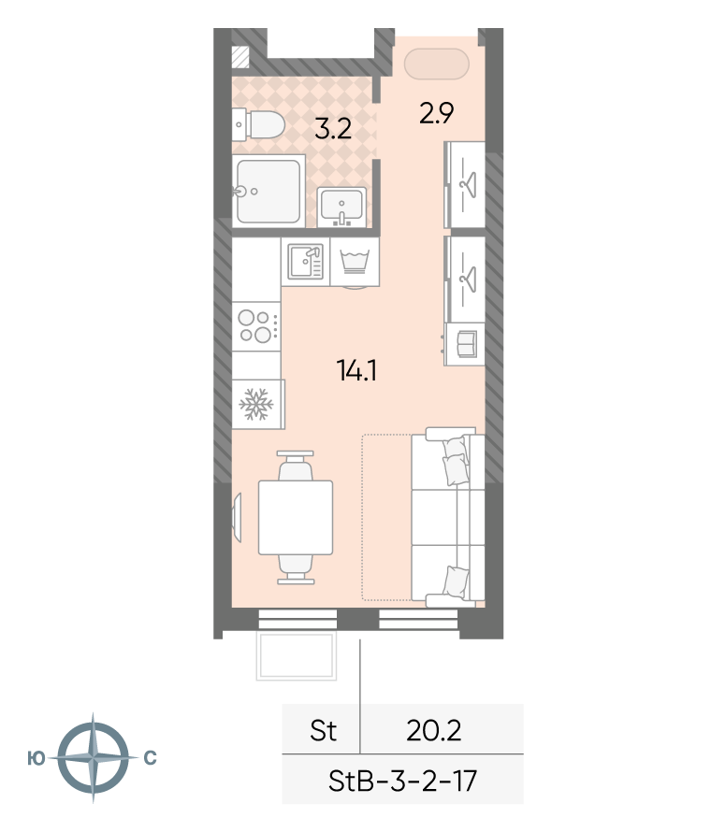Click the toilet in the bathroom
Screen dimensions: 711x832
[x=258, y=125]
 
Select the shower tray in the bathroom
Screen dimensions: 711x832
[x=268, y=191]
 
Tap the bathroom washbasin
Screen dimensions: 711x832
[x=341, y=207]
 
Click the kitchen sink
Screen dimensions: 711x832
[x=305, y=262]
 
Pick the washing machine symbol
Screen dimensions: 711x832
[x=355, y=262]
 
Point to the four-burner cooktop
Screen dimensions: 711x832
[x=256, y=326]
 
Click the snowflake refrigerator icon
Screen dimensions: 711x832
[x=256, y=405]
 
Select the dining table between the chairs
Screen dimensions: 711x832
[x=296, y=517]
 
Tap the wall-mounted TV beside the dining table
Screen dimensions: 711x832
[x=238, y=517]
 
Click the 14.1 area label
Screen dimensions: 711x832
[x=356, y=370]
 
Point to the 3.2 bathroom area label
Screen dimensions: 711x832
[x=333, y=129]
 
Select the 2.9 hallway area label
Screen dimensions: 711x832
[x=436, y=113]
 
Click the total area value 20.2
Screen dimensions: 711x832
[x=434, y=731]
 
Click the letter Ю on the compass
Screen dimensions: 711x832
[x=36, y=758]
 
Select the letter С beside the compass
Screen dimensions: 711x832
[x=151, y=758]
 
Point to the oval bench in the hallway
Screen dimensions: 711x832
[x=437, y=64]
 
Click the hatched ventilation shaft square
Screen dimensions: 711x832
[x=241, y=57]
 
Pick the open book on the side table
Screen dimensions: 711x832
[x=467, y=344]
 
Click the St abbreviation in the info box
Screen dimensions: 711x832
[x=323, y=731]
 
